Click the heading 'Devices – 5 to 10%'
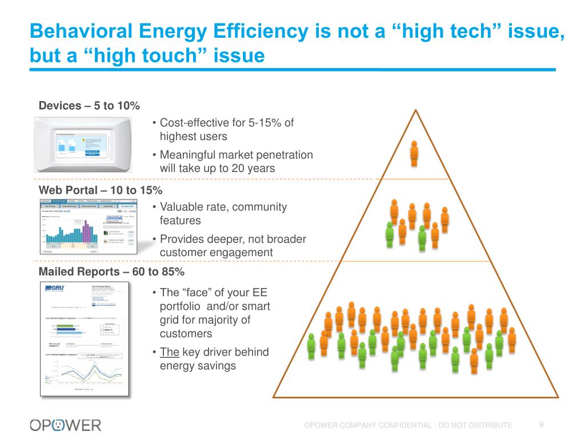89,106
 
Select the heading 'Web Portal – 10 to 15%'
100,190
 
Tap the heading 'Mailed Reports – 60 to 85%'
111,272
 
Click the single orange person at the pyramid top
414,153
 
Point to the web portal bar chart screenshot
89,226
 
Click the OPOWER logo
66,425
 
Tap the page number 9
541,424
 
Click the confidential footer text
408,425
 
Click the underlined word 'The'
170,352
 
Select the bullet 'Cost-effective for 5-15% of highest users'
226,130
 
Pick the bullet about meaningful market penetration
236,162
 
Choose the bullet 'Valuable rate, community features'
223,214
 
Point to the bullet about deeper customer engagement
233,246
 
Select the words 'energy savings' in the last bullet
198,366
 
